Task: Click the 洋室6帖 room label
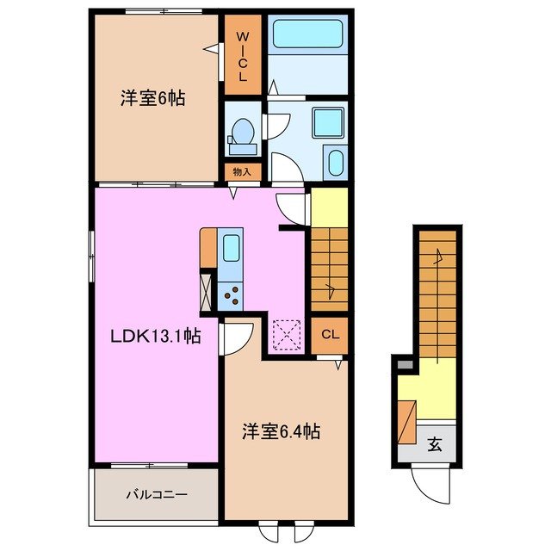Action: [152, 98]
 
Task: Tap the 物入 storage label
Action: [242, 171]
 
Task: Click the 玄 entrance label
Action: [435, 445]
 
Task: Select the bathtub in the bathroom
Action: [307, 35]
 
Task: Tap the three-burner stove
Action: [231, 295]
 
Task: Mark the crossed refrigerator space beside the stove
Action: [207, 291]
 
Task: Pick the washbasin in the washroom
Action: [334, 163]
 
